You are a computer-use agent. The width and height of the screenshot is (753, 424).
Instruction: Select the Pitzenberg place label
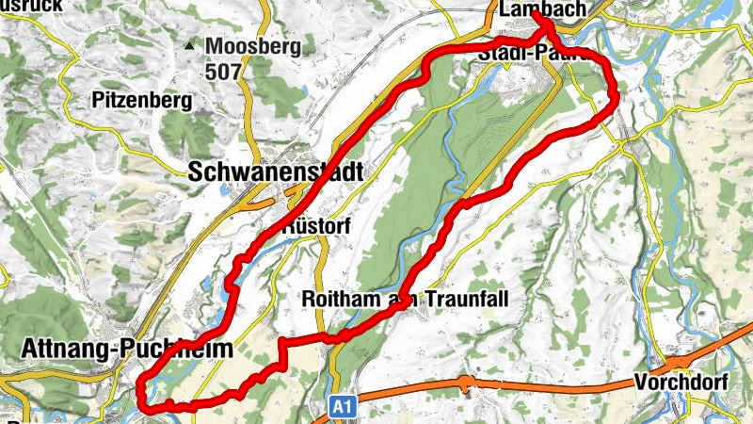(x=142, y=100)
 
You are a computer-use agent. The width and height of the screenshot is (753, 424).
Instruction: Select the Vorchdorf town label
(x=681, y=384)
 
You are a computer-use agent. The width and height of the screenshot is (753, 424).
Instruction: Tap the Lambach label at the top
(x=538, y=9)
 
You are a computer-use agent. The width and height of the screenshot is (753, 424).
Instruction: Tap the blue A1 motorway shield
(x=344, y=406)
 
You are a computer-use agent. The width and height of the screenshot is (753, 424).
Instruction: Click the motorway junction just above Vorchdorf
(x=677, y=363)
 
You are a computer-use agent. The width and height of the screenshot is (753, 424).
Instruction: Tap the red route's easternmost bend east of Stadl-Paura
(x=615, y=92)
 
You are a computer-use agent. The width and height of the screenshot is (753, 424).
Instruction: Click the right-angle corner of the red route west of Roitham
(x=281, y=341)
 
